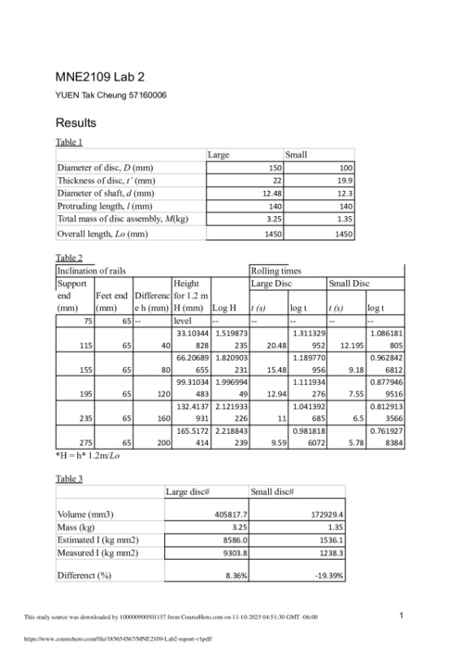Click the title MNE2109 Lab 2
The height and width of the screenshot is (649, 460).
tap(100, 78)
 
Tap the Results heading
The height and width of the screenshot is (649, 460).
tap(76, 123)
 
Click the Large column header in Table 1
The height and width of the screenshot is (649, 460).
tap(219, 154)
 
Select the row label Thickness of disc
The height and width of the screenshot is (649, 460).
tap(102, 180)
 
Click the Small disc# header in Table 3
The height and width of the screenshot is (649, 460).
tap(272, 491)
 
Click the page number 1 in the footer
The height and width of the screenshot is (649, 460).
tap(402, 616)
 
